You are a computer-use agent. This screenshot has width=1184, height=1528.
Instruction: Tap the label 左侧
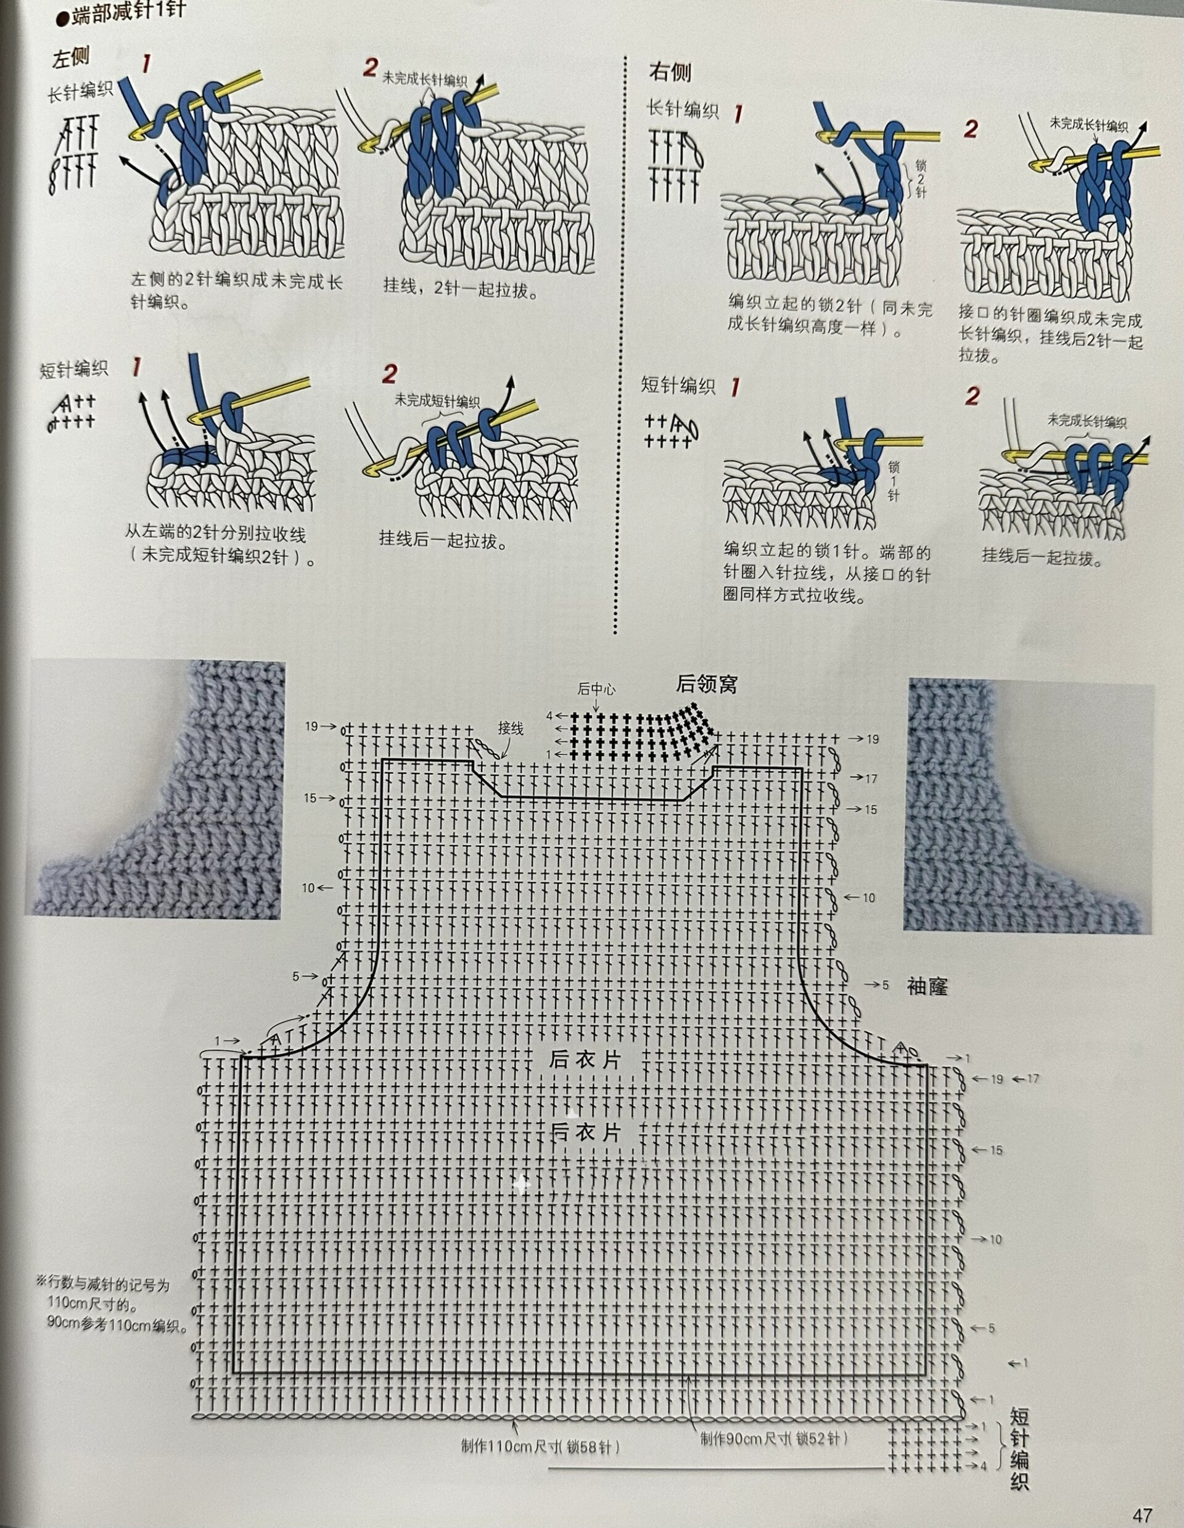71,58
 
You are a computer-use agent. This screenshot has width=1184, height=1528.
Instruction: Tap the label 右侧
669,72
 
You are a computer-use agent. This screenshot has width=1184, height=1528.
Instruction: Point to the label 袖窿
927,986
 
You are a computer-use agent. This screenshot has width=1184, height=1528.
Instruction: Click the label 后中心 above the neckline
596,689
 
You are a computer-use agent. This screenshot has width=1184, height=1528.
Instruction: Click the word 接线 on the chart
511,728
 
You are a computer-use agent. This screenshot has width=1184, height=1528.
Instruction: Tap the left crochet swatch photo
155,788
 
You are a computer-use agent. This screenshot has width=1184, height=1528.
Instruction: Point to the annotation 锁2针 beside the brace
920,178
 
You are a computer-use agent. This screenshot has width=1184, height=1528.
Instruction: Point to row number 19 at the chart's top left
311,726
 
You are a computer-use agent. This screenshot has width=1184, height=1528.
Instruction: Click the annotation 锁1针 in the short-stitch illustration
893,481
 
